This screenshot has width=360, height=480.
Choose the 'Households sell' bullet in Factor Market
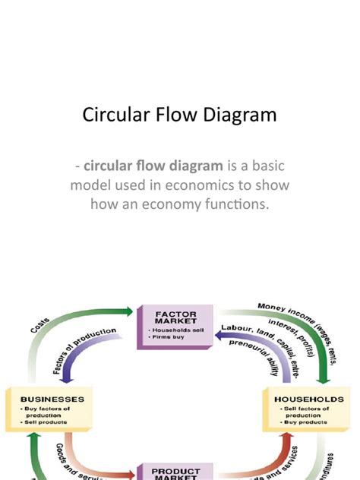click(x=176, y=332)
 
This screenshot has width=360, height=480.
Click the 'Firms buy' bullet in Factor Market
click(x=168, y=339)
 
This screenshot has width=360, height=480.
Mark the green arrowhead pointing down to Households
click(x=327, y=375)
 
